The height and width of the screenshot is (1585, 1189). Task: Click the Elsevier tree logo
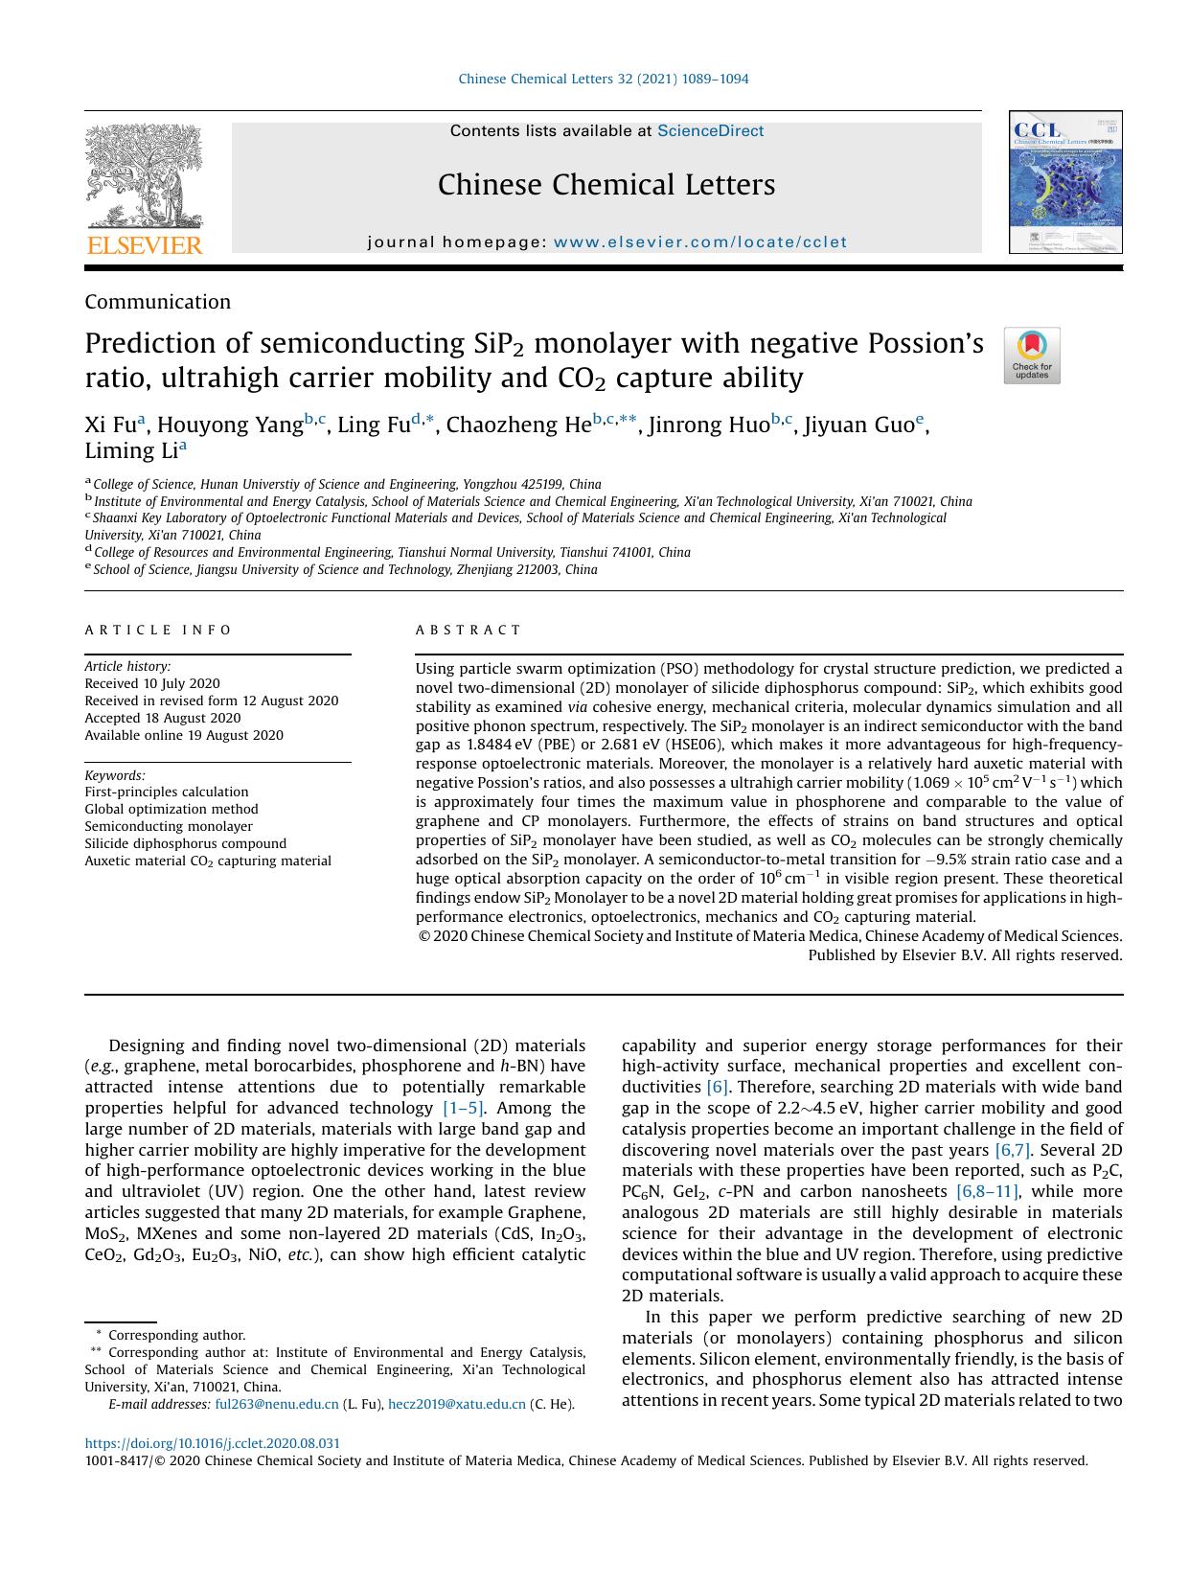coord(144,176)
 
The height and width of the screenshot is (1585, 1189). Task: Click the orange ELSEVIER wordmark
coord(145,245)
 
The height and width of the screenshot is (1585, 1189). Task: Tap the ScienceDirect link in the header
coord(710,131)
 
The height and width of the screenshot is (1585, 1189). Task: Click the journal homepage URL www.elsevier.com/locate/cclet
coord(700,242)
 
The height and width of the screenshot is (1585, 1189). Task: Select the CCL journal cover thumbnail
coord(1064,182)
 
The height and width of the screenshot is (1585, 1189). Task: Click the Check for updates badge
coord(1031,356)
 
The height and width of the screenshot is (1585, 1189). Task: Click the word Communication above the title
coord(157,302)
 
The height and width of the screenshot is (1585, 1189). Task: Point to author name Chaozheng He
coord(518,425)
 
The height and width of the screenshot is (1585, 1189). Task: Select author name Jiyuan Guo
coord(858,425)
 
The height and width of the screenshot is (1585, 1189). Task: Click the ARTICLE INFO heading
coord(158,630)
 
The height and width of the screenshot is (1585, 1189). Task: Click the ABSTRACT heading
coord(468,630)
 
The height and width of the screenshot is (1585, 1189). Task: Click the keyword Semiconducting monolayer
coord(169,826)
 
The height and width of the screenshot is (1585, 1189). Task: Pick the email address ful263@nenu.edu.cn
coord(276,1404)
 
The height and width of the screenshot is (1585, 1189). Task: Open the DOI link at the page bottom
coord(212,1443)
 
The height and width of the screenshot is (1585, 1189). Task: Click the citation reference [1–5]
coord(463,1108)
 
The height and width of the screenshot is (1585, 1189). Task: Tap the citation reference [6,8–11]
coord(987,1191)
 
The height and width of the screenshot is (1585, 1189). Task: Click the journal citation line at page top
coord(604,79)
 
